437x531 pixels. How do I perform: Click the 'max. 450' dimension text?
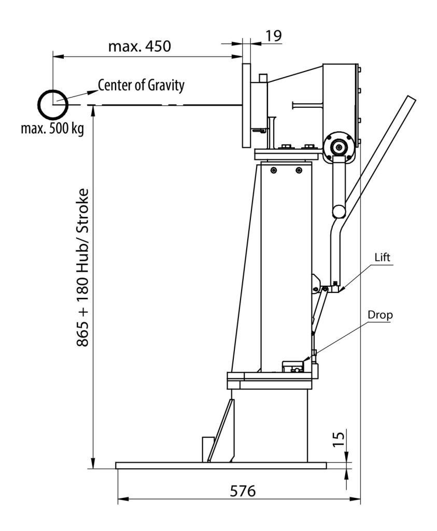tap(139, 46)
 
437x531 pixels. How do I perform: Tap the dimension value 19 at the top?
tap(273, 36)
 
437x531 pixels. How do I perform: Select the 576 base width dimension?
tap(243, 491)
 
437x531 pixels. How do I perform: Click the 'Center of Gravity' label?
tap(141, 85)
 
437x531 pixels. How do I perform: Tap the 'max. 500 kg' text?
tap(52, 129)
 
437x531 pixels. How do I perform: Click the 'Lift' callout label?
tap(382, 257)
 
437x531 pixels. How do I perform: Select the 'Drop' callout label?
tap(380, 315)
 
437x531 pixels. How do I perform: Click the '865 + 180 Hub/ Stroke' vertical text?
tap(82, 268)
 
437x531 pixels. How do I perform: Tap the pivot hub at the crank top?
tap(339, 147)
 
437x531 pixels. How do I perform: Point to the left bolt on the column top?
tap(274, 170)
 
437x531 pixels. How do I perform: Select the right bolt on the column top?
tap(299, 170)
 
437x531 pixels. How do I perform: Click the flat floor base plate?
tap(221, 466)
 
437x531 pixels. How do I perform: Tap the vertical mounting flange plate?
tap(246, 105)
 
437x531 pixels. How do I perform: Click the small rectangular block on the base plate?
tap(207, 449)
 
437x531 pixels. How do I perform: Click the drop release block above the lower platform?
tap(293, 367)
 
